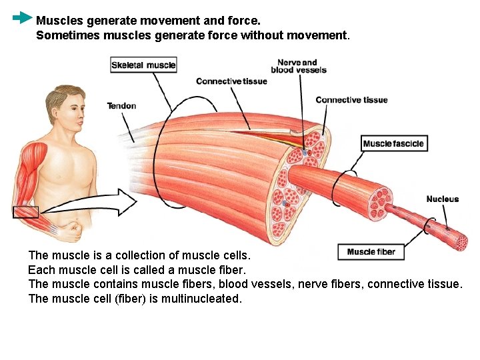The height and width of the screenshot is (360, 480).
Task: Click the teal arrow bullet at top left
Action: [22, 17]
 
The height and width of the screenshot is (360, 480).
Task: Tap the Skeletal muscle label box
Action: [143, 65]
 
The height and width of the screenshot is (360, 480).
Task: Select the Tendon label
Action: [121, 105]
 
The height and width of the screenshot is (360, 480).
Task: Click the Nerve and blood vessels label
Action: [298, 66]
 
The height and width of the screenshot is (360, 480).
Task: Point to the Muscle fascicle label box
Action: [393, 143]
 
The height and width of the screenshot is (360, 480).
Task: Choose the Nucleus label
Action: [442, 199]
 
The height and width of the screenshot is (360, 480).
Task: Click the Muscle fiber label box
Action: [371, 252]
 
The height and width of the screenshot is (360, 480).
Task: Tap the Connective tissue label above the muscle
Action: [231, 81]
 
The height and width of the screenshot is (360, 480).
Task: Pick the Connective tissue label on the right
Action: [351, 100]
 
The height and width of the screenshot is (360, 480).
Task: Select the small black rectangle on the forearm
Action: [25, 212]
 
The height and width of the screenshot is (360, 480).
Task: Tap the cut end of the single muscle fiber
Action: [461, 241]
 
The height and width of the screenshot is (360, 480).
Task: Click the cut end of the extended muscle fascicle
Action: [382, 203]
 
